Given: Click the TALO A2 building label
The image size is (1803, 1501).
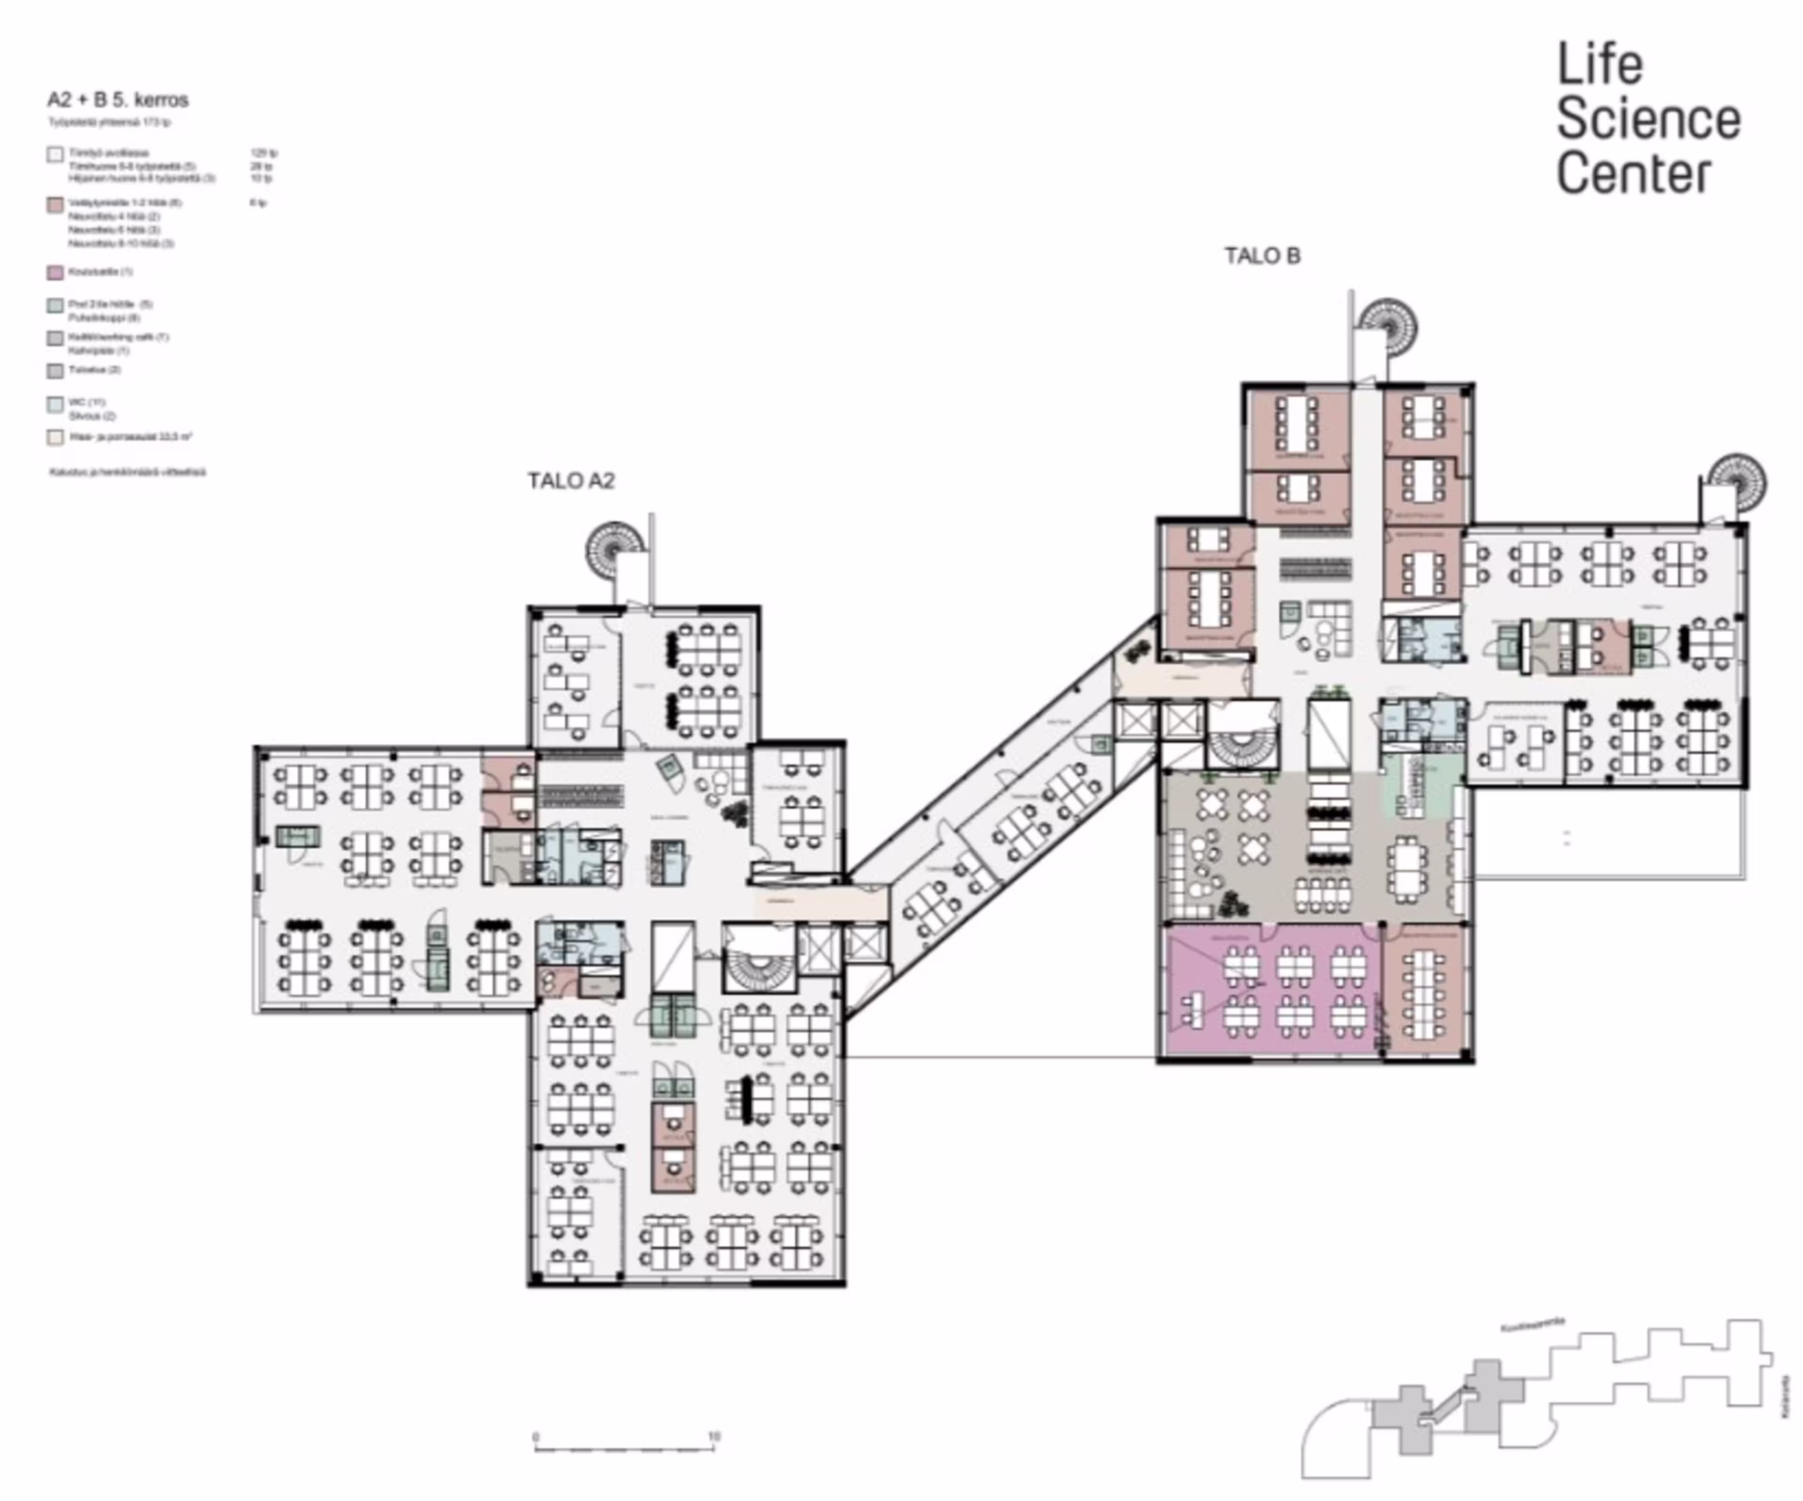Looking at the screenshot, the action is coord(571,481).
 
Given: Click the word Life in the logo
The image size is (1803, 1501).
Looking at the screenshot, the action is coord(1600,65).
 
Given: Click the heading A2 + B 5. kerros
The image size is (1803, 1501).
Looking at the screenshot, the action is coord(118,100).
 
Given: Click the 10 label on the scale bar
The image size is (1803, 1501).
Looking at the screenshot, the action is coord(714,1436).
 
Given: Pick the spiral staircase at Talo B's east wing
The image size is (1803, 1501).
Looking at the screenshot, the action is coord(1735,481).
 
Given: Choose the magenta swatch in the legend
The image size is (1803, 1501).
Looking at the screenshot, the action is coord(55,273).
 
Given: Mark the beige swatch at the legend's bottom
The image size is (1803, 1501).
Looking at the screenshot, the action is coord(55,438).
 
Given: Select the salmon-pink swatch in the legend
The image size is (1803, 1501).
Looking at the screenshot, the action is coord(55,204).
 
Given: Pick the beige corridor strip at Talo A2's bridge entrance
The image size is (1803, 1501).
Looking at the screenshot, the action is coord(820,902).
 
